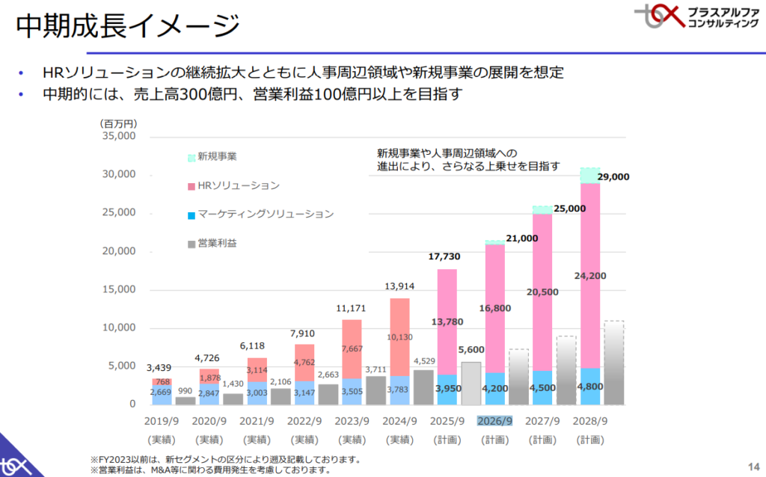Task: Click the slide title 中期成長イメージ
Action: tap(128, 28)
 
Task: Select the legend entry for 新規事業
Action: tap(213, 156)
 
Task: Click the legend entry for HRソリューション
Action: tap(233, 185)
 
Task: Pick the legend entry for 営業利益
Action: tap(217, 244)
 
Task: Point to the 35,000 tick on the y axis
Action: tap(117, 136)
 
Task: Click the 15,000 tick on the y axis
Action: tap(117, 289)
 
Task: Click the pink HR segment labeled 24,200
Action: tap(590, 275)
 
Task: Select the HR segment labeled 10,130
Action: tap(399, 336)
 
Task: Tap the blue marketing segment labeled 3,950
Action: tap(447, 389)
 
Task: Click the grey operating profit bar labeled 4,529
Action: tap(423, 387)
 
